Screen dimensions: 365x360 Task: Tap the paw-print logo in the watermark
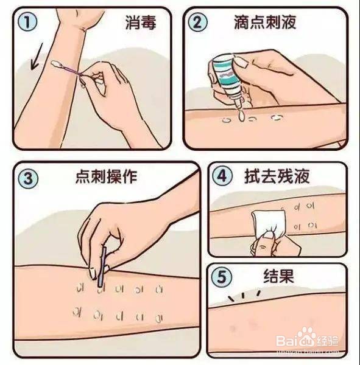click(306, 340)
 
